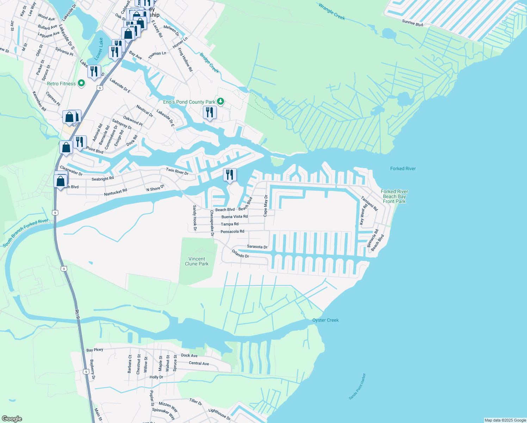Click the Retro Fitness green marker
click(x=81, y=84)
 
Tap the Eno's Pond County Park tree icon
click(x=221, y=102)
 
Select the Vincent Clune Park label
click(x=197, y=261)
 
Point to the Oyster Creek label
click(x=325, y=320)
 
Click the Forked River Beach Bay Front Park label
click(x=395, y=197)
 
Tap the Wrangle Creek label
click(x=332, y=11)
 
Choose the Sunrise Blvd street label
click(x=413, y=23)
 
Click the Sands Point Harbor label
click(x=357, y=386)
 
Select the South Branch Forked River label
click(x=25, y=233)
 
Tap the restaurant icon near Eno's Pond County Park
click(x=210, y=112)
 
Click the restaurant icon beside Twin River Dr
click(x=230, y=174)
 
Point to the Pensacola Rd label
click(x=232, y=232)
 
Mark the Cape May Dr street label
click(x=265, y=206)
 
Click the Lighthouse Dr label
click(x=219, y=414)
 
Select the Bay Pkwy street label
click(x=95, y=350)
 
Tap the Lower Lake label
click(x=99, y=48)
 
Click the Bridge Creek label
click(x=209, y=63)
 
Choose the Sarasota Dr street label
click(x=257, y=247)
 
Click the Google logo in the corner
click(x=12, y=419)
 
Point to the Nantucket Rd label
click(x=116, y=192)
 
